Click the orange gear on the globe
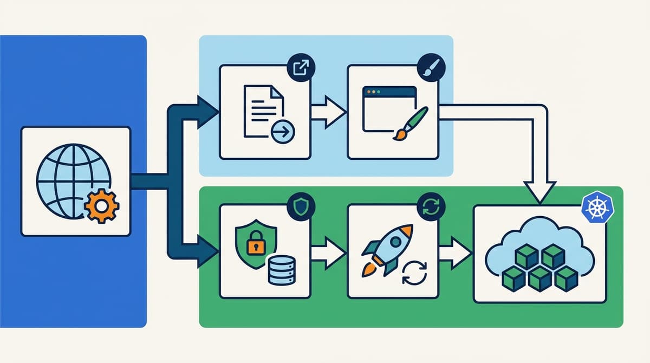pos(102,206)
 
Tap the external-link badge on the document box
pos(301,68)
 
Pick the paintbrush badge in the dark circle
pos(431,68)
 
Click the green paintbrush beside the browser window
pos(411,123)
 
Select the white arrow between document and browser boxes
pos(329,113)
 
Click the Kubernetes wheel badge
pos(595,208)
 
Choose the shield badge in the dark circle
pos(301,206)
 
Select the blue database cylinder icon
pos(281,270)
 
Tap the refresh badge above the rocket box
pos(431,206)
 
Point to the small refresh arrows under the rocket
pos(414,273)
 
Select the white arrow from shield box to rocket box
pos(329,252)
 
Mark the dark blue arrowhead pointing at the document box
pos(207,112)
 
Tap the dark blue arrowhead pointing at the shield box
pos(207,252)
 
